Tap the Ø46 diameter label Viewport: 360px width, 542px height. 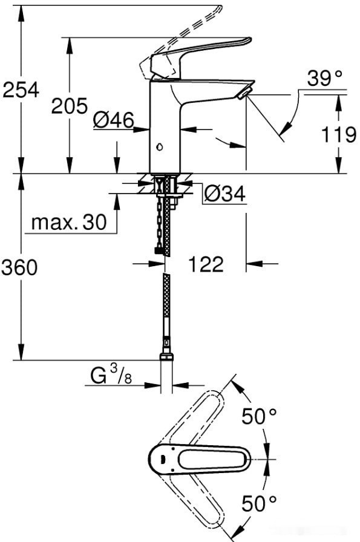point(114,121)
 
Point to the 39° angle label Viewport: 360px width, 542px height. point(324,78)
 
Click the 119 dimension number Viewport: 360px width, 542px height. point(339,134)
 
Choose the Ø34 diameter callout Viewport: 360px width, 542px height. point(224,194)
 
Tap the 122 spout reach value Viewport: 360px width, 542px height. point(206,264)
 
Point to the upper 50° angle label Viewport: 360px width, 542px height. point(259,416)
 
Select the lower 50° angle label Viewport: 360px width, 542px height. point(259,503)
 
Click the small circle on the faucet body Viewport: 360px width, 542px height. point(159,146)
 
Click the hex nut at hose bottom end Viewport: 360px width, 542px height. point(166,357)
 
